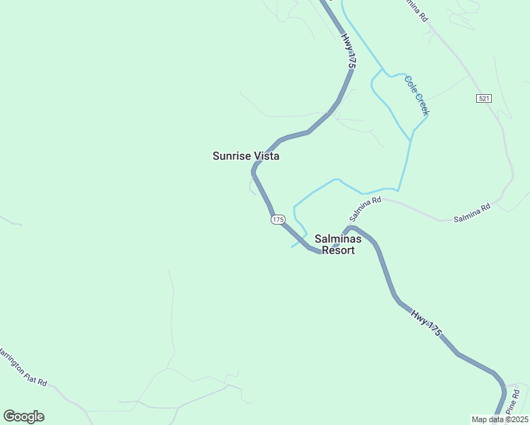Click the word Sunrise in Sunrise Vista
click(232, 156)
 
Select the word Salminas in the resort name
click(338, 239)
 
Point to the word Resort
click(338, 250)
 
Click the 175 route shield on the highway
click(278, 220)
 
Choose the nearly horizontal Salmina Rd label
click(473, 213)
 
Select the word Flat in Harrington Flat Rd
click(29, 372)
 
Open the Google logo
click(23, 416)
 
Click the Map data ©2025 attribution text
click(500, 419)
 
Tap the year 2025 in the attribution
click(518, 419)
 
